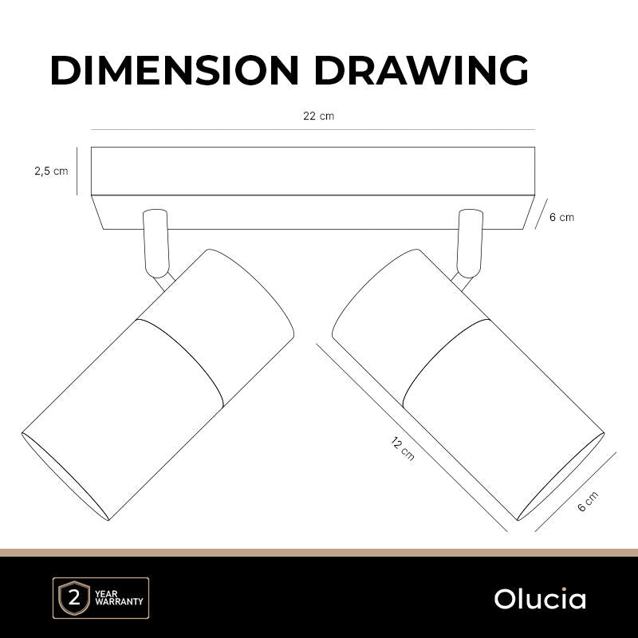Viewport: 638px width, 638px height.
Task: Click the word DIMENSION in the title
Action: (175, 70)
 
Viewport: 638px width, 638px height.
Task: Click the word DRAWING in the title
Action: (421, 70)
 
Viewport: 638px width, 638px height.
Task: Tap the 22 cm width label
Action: (318, 116)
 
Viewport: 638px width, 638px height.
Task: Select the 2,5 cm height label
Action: (51, 171)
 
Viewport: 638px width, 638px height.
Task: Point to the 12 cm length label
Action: (403, 448)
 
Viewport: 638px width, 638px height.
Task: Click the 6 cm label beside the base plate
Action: (562, 217)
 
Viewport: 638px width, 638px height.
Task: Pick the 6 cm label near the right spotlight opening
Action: (588, 502)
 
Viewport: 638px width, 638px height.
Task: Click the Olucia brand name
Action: (540, 599)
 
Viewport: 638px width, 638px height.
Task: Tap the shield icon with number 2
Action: (74, 598)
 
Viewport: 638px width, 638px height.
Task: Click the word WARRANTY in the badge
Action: (119, 601)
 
